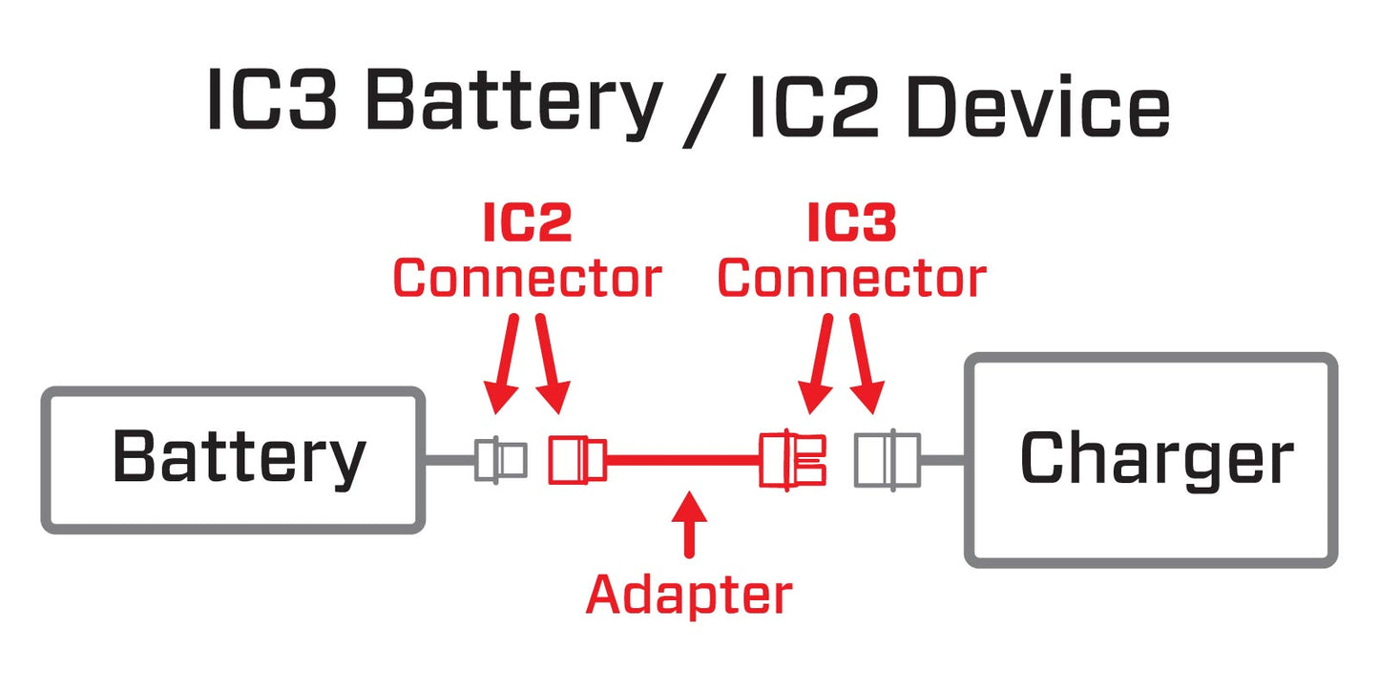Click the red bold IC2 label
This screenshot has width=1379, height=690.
click(x=526, y=223)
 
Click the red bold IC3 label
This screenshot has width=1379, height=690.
click(x=851, y=223)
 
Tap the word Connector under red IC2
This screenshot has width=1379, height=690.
click(x=527, y=279)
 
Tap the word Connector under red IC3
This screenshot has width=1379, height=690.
click(x=851, y=279)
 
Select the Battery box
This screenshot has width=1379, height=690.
click(x=233, y=459)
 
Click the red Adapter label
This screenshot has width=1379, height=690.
click(x=688, y=594)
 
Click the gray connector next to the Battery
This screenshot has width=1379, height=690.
click(x=500, y=460)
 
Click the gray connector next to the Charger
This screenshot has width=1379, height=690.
click(x=887, y=460)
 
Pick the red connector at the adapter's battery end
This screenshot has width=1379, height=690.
click(x=575, y=460)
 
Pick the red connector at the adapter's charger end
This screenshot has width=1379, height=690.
click(x=792, y=460)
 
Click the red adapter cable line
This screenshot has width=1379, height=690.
click(x=682, y=460)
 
